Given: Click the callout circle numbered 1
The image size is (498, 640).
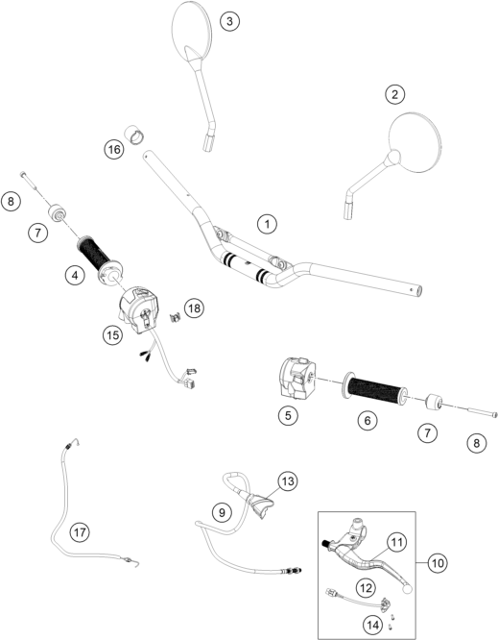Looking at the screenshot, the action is coord(267,224).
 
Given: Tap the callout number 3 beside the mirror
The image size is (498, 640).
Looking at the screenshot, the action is coord(230,21).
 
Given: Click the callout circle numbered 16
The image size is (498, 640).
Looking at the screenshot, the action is coord(113,149).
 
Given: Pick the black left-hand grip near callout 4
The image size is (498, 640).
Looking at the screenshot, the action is coord(93,254).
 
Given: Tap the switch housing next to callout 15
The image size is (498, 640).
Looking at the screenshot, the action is coord(139,310).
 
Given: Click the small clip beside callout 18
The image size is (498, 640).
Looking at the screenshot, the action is coord(176,316).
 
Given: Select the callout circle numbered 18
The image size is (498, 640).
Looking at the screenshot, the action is coord(195,308).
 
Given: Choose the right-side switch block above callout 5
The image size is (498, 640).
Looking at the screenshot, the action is coord(296,377).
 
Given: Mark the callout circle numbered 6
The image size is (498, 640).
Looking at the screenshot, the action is coord(368,420).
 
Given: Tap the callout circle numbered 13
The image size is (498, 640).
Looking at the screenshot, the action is coord(288,481).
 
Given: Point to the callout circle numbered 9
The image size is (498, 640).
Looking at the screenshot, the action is coord(222,512).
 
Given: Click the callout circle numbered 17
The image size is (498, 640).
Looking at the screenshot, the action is coord(80,532).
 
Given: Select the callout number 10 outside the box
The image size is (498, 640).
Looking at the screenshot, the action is coord(438,563).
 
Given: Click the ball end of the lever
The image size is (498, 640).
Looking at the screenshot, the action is coord(406,587).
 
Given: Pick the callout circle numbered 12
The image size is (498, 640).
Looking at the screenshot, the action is coord(366,588).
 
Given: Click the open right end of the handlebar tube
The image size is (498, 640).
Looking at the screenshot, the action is coord(417,291).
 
